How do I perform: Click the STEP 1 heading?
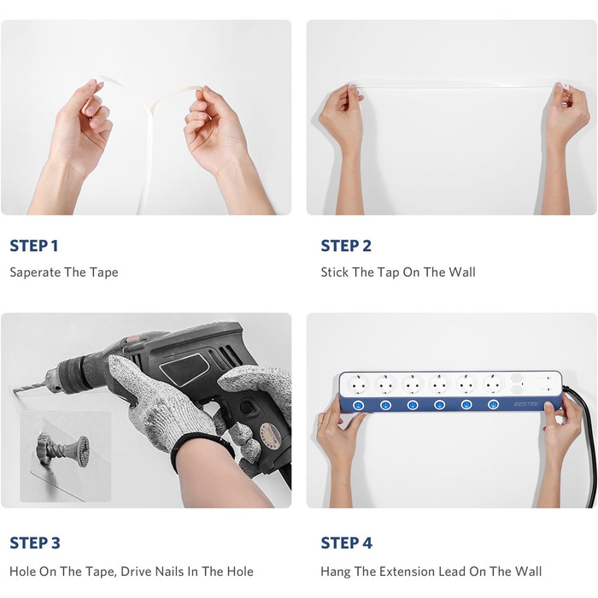tap(34, 246)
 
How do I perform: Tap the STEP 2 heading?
tap(346, 246)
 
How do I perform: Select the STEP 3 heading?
tap(35, 542)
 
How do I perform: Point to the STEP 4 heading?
tap(346, 542)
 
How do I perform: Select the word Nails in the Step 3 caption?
tap(167, 572)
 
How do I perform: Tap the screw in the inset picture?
tap(63, 448)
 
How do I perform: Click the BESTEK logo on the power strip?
tap(526, 404)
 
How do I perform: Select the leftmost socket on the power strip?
tap(359, 384)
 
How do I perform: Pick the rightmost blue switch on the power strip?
tap(493, 404)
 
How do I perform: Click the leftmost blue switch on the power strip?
tap(359, 405)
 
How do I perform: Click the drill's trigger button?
tap(247, 407)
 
